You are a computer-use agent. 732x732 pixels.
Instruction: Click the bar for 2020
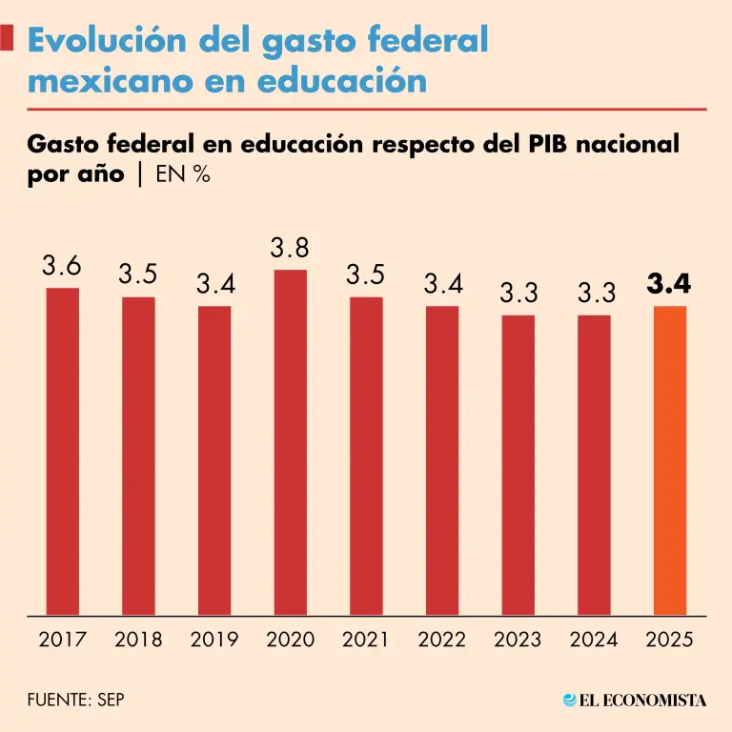click(x=290, y=442)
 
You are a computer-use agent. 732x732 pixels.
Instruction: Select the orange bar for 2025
click(x=669, y=460)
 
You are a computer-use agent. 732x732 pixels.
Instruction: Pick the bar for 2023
click(x=518, y=465)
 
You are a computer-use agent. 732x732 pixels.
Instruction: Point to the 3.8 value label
click(x=290, y=249)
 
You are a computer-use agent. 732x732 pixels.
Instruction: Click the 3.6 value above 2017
click(x=62, y=267)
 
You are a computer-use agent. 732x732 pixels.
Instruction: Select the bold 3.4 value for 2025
click(x=669, y=284)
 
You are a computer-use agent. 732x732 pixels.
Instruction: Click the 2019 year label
click(x=214, y=640)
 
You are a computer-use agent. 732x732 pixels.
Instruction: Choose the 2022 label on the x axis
click(x=441, y=640)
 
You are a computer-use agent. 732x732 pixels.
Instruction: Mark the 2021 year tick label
click(x=366, y=640)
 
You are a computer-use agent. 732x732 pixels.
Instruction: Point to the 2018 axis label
click(x=138, y=640)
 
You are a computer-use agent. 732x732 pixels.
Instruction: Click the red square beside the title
click(x=8, y=40)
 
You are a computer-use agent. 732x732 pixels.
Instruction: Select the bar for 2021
click(x=366, y=456)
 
